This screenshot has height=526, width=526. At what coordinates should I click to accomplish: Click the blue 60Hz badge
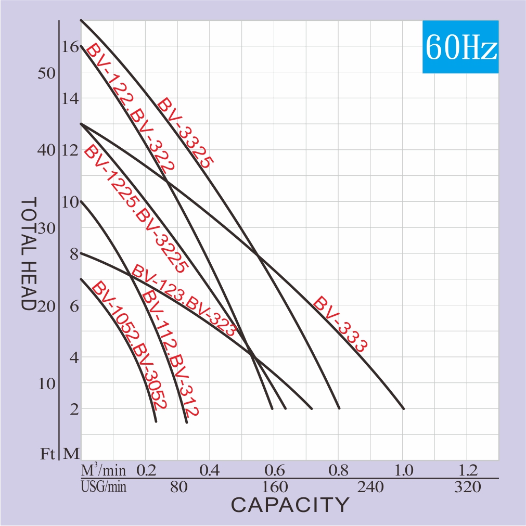(460, 47)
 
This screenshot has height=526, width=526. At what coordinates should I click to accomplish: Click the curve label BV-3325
(185, 133)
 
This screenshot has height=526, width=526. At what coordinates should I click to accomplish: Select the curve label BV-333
(341, 325)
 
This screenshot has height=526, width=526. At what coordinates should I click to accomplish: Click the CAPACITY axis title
(290, 505)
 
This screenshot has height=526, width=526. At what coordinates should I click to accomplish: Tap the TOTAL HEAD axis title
(29, 254)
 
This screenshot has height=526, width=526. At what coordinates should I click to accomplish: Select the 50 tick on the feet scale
(46, 73)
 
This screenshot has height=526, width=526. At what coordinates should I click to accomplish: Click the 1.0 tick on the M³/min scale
(403, 471)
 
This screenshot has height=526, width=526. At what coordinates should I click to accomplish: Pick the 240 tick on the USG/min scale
(370, 487)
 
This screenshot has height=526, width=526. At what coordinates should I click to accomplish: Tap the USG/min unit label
(104, 487)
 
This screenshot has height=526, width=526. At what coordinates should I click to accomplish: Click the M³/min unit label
(104, 471)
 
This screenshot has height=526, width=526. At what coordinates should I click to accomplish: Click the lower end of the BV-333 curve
(403, 408)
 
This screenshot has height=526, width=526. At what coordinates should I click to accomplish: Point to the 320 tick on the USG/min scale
(467, 487)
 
